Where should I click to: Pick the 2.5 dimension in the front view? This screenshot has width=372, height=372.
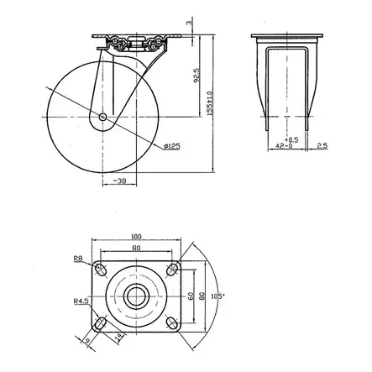(x=322, y=145)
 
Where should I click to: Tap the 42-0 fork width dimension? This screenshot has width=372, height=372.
(x=289, y=145)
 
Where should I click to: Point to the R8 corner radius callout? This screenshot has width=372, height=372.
(x=80, y=259)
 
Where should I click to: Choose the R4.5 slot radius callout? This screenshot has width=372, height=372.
(x=80, y=300)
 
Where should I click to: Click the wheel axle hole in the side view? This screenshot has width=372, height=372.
(x=102, y=118)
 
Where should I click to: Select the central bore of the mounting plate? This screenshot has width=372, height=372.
(x=137, y=296)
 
